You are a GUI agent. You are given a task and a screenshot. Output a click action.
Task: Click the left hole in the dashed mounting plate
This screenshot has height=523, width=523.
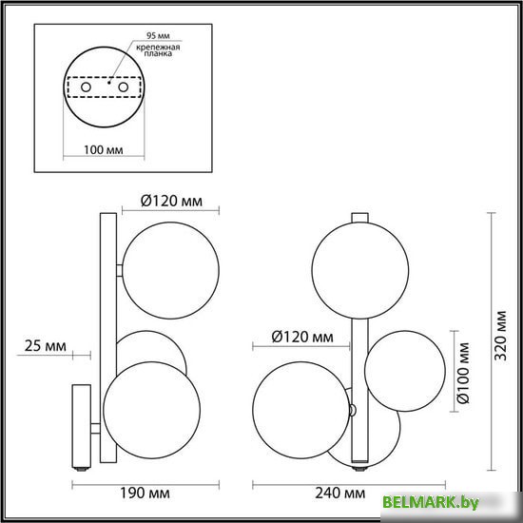coord(86,87)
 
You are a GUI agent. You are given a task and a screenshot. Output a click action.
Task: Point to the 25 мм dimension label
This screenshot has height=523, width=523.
coord(46,345)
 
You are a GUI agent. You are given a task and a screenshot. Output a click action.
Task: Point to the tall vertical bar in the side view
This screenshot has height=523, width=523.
coord(107,342)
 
